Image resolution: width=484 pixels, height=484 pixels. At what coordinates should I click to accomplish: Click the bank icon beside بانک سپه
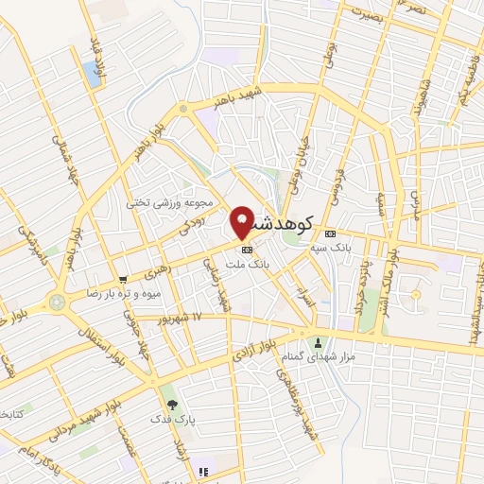(x=329, y=233)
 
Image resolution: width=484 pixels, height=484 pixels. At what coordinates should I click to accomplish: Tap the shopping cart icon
(x=123, y=279)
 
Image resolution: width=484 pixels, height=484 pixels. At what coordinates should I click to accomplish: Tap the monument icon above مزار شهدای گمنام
(x=318, y=342)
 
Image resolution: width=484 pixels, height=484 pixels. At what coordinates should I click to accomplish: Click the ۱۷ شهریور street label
(x=198, y=318)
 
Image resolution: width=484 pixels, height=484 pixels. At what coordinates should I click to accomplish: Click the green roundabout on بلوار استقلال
(x=58, y=302)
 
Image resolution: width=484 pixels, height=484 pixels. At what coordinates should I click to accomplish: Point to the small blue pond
(x=92, y=70)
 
